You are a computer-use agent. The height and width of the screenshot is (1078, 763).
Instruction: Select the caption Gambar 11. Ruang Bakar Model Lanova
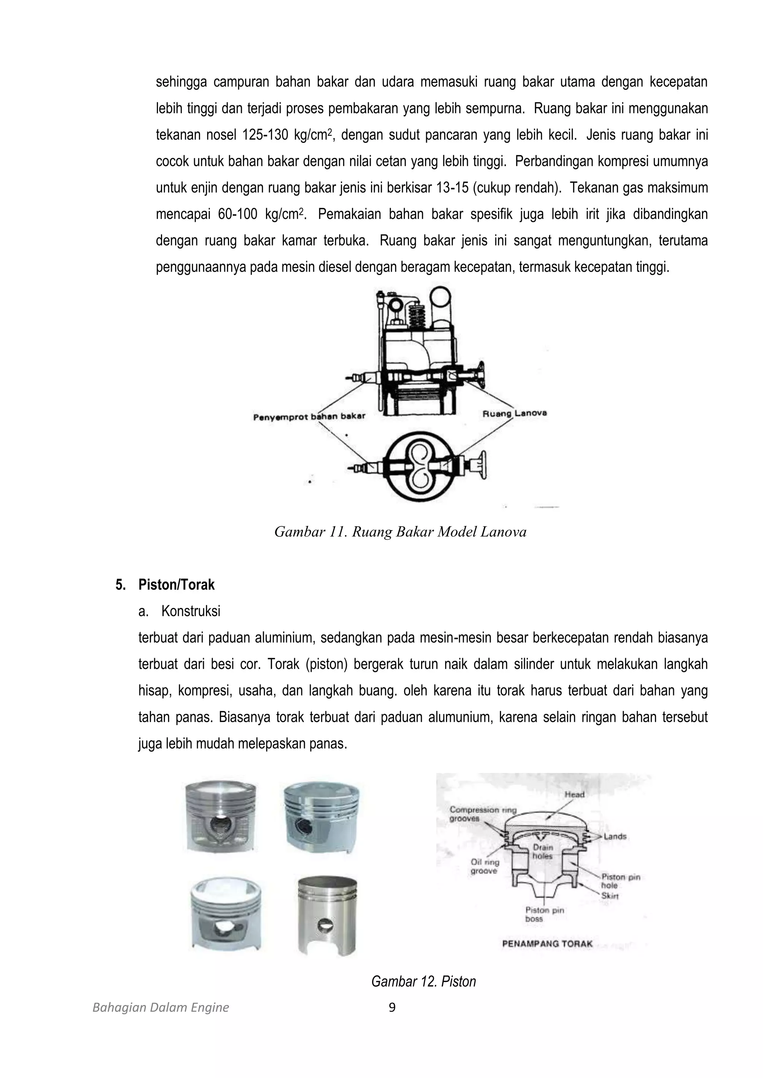[x=400, y=532]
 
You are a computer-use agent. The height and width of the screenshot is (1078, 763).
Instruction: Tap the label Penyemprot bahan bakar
[x=309, y=417]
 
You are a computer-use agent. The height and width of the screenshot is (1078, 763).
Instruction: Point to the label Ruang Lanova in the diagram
[x=515, y=414]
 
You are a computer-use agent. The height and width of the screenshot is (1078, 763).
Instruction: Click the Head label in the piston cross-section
[x=574, y=794]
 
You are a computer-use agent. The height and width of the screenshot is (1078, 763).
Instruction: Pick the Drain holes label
[x=543, y=852]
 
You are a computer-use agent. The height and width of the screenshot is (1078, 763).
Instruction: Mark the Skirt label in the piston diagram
[x=610, y=896]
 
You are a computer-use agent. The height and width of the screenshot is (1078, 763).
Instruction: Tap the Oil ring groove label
[x=484, y=867]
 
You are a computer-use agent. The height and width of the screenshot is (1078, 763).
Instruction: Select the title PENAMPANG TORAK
[x=547, y=944]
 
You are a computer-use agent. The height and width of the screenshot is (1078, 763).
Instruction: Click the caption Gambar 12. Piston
[x=423, y=981]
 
